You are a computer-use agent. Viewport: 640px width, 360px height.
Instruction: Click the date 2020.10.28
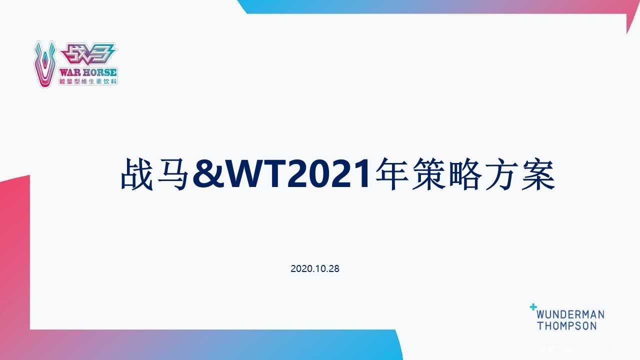point(315,269)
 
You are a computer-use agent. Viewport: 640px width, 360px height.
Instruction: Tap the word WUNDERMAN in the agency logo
point(570,315)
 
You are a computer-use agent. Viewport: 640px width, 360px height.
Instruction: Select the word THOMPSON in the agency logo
point(567,325)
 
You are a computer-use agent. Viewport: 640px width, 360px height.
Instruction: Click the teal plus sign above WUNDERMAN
point(533,307)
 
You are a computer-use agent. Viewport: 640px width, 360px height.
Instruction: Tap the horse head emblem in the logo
point(45,63)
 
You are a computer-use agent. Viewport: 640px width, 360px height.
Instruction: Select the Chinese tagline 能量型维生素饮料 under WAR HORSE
point(88,81)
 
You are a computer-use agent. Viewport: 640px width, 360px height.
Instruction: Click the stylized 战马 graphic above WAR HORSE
point(87,54)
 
